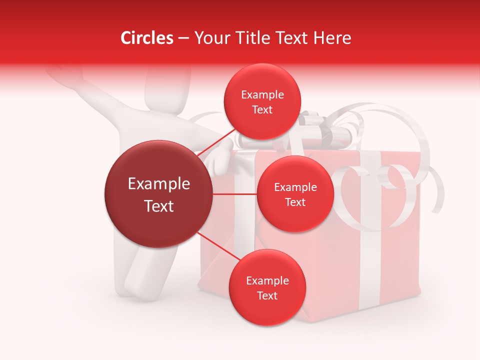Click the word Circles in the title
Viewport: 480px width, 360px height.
coord(146,38)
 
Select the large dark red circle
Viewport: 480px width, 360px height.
coord(159,194)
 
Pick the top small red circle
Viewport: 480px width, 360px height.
coord(262,101)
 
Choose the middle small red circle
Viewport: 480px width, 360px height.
coord(295,194)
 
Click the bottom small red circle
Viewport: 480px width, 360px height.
coord(267,287)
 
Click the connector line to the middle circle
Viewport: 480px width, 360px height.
coord(235,194)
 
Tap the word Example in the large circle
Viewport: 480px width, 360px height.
coord(159,184)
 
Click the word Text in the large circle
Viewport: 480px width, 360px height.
coord(159,206)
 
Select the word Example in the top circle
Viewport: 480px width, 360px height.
coord(262,95)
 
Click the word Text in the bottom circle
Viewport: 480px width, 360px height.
coord(267,295)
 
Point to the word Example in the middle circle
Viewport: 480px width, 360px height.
coord(295,187)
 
